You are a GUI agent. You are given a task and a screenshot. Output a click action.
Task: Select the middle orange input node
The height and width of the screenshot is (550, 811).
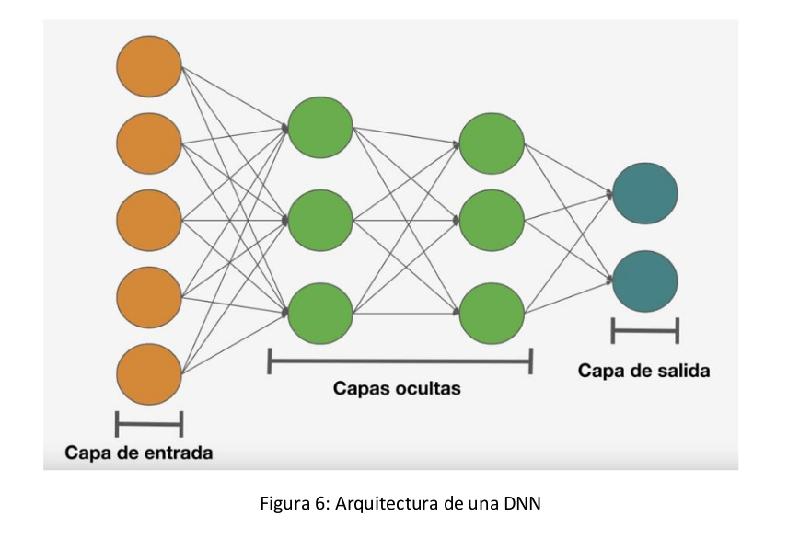click(149, 220)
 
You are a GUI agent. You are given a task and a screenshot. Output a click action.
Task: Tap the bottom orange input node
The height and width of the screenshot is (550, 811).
click(149, 373)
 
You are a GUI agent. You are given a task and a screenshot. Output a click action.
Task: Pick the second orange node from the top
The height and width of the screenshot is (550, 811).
click(149, 143)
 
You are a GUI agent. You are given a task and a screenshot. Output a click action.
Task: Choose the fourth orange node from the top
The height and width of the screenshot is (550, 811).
click(149, 296)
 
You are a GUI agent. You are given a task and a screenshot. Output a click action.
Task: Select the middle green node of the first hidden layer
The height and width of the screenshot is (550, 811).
click(320, 220)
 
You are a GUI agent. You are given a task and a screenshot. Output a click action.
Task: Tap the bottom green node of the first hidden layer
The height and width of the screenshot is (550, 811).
click(320, 313)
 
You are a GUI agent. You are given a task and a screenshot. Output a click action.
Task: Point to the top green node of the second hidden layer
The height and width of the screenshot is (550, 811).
click(492, 143)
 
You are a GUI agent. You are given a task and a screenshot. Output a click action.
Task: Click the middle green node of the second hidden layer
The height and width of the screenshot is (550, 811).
click(492, 220)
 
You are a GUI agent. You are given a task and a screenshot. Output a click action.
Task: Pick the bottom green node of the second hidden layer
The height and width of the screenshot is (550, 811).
click(492, 313)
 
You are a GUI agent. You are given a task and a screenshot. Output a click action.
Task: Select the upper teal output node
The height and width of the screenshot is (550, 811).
click(645, 193)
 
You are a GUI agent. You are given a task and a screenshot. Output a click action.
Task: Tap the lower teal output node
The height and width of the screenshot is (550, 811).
click(645, 281)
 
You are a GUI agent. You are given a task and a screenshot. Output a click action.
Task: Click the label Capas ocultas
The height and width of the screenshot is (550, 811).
click(397, 389)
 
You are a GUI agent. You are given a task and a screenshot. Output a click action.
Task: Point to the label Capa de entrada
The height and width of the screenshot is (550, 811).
click(139, 453)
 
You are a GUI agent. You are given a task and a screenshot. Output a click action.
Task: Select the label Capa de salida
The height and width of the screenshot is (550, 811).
click(644, 371)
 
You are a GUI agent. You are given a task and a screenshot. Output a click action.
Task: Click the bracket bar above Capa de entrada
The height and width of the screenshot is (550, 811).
click(149, 424)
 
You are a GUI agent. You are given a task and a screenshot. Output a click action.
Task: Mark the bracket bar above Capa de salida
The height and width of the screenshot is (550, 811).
click(645, 330)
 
